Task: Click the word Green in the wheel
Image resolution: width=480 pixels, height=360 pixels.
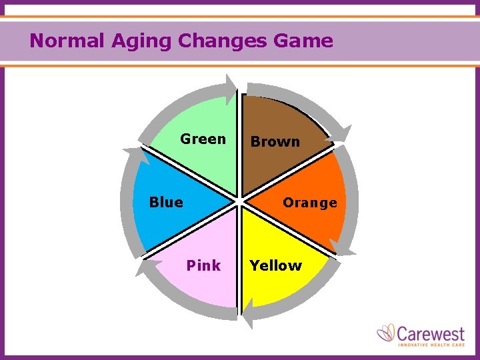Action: (x=203, y=139)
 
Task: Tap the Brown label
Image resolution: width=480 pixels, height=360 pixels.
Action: (x=275, y=141)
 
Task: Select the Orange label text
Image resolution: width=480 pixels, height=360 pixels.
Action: (x=309, y=202)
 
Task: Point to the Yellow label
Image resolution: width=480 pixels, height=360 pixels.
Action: (x=275, y=265)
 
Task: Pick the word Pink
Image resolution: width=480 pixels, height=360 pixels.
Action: (x=203, y=265)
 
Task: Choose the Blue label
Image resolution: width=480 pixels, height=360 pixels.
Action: (x=166, y=202)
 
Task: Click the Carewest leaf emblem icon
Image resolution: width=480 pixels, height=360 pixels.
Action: (x=385, y=333)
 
